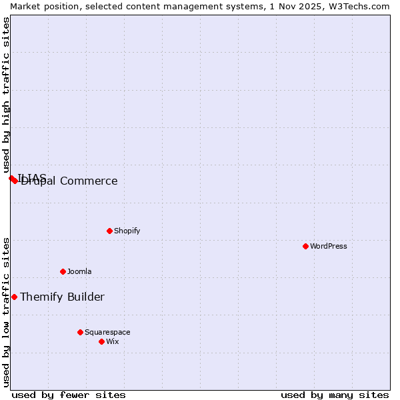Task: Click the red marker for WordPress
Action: point(305,246)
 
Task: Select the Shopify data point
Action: point(109,231)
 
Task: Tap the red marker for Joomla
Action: point(63,271)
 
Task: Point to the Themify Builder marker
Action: point(14,297)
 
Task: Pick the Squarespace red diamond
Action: point(80,332)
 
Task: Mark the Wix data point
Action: point(101,341)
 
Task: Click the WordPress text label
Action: point(329,246)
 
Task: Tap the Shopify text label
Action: point(127,231)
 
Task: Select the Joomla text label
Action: point(79,271)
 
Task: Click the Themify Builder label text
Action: point(62,297)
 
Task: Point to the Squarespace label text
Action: point(107,332)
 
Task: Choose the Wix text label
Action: point(113,341)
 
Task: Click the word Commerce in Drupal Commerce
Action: point(89,181)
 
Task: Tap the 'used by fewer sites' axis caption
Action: point(69,395)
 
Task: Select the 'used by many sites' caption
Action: point(335,395)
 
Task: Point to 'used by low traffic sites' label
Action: point(6,311)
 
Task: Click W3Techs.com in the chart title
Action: point(359,6)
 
